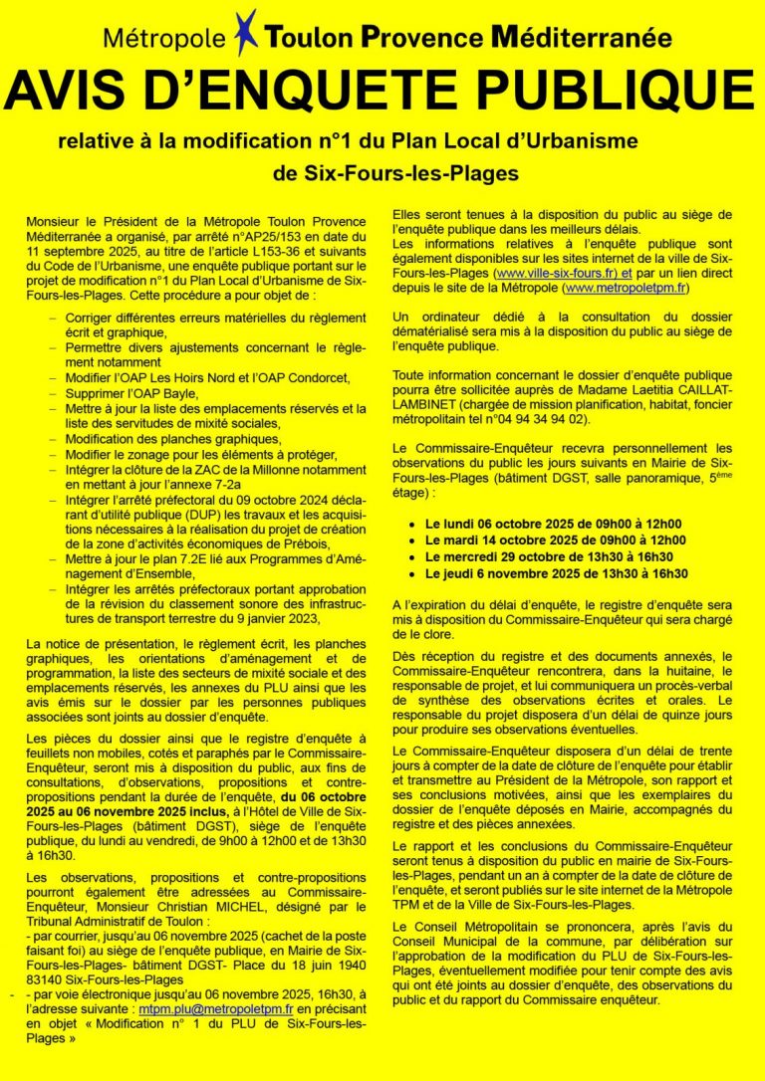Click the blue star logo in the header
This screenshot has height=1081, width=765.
245,30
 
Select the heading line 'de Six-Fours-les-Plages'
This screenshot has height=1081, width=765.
395,173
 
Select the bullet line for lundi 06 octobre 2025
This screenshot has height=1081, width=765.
553,524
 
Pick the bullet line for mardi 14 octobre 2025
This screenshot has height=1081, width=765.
554,540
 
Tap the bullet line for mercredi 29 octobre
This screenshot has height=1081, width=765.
549,557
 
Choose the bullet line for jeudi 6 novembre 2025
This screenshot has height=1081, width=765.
556,574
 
